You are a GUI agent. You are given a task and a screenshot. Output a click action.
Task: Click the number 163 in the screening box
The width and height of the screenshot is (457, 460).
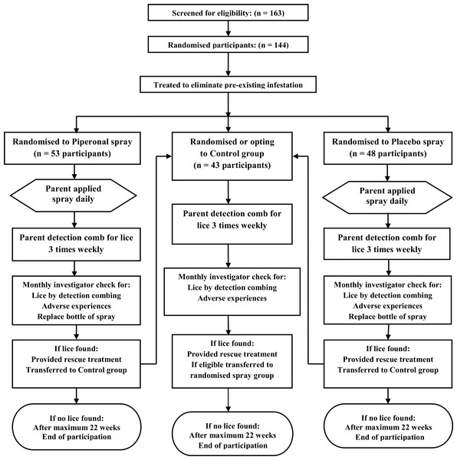[276, 13]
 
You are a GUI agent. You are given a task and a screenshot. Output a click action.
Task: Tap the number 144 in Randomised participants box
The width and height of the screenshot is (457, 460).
[280, 45]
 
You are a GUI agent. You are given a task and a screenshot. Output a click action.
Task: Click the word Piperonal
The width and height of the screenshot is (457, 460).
[90, 142]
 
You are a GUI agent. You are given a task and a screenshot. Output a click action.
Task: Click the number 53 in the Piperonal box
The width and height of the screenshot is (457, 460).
[55, 154]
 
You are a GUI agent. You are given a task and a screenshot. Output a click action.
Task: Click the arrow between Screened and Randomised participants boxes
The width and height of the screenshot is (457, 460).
[228, 28]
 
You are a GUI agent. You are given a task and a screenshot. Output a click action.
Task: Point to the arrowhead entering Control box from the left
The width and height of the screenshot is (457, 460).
[168, 156]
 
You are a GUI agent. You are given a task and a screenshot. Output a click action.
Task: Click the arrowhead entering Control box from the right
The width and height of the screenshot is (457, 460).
[296, 156]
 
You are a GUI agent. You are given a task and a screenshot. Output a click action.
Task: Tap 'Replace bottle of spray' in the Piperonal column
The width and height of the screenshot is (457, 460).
[76, 317]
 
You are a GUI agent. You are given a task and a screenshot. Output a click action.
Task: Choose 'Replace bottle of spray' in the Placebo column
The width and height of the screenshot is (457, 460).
[387, 317]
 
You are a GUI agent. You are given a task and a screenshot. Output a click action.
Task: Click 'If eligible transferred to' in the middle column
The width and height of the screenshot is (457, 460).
[232, 365]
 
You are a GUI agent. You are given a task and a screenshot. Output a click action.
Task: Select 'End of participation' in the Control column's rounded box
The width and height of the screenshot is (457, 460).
[233, 445]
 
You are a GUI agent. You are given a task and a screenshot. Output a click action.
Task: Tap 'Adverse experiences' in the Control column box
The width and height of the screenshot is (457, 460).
[232, 299]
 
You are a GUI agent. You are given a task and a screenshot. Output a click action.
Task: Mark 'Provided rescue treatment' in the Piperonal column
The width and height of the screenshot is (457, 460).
[76, 360]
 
